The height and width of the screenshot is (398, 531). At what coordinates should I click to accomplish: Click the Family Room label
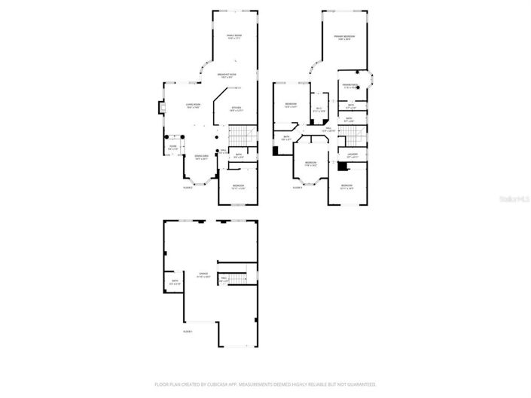(234, 35)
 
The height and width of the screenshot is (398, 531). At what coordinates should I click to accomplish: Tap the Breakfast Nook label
(227, 75)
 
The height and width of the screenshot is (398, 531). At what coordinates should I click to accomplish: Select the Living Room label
(194, 105)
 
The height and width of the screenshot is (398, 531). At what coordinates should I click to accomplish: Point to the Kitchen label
(237, 109)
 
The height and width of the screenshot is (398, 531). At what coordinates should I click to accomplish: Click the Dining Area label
(201, 157)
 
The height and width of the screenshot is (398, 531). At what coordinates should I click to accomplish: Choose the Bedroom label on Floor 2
(238, 186)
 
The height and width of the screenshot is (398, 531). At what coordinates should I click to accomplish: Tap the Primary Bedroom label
(345, 37)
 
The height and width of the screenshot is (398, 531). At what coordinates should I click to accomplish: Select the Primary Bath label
(349, 86)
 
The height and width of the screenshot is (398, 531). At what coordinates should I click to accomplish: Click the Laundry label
(352, 155)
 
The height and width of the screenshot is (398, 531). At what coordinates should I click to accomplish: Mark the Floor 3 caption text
(297, 187)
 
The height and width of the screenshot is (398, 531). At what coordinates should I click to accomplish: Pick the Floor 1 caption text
(188, 331)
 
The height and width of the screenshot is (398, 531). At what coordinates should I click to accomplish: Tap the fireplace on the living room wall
(160, 109)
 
